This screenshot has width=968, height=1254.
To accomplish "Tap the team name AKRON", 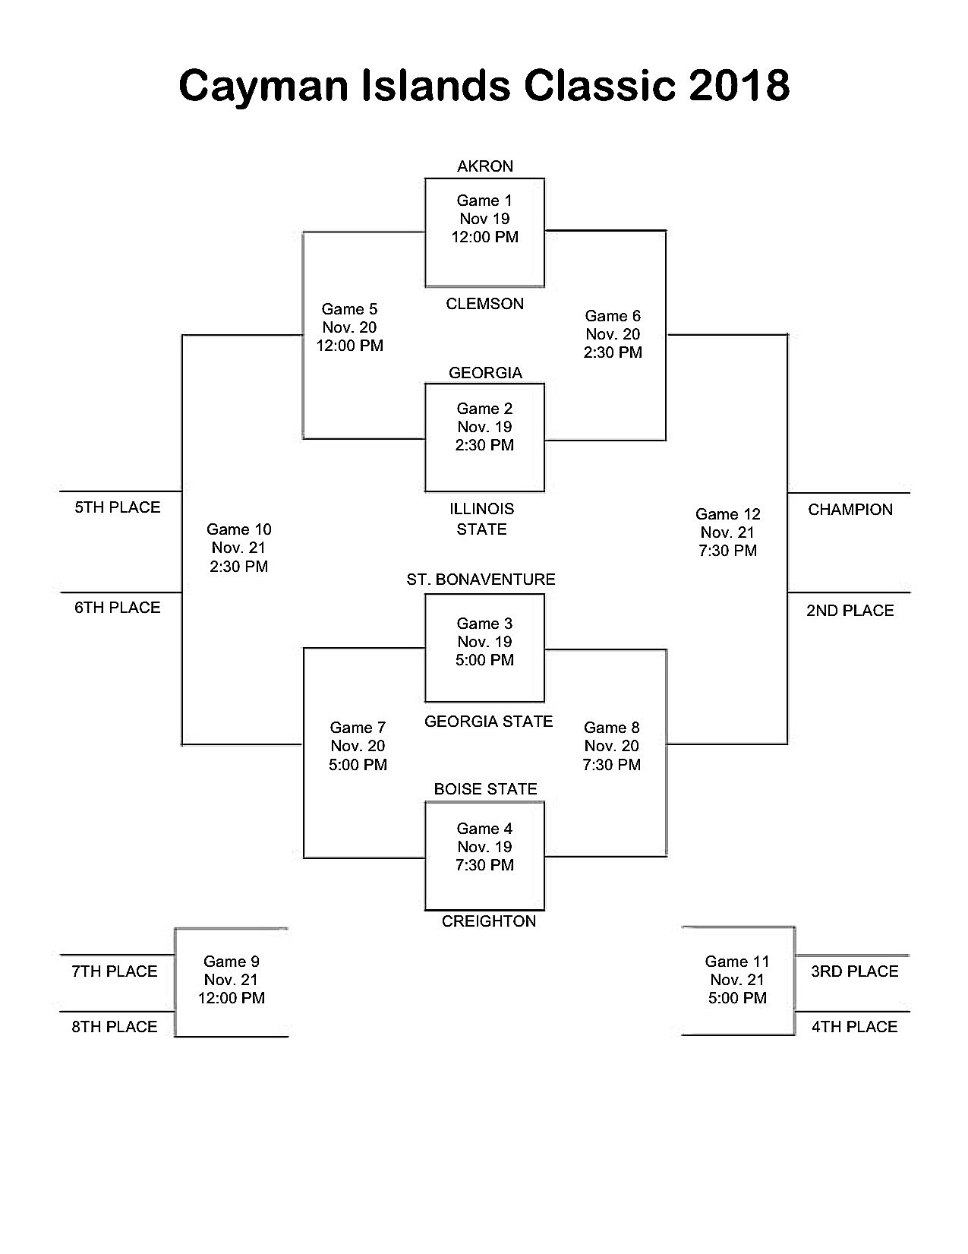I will [485, 166].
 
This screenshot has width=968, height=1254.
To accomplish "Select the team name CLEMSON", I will [485, 304].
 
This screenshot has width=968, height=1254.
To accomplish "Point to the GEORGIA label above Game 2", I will [485, 373].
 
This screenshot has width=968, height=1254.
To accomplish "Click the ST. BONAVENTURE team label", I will [481, 580].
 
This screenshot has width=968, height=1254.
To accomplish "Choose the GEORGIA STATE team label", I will [488, 722].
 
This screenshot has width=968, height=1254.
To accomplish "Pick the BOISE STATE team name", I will [485, 789].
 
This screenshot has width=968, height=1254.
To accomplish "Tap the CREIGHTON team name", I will [489, 921].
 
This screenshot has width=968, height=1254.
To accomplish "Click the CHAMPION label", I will [850, 510].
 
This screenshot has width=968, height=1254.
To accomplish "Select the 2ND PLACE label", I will [850, 611].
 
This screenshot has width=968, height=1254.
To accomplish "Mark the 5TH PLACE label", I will [118, 507].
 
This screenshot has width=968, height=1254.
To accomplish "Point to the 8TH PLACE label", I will [115, 1027].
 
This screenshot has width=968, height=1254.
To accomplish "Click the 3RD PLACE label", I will [855, 971].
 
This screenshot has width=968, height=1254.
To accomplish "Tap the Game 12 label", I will [727, 514].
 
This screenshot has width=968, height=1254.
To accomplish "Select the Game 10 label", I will [238, 529].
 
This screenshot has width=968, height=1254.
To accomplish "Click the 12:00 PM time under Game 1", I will [485, 237].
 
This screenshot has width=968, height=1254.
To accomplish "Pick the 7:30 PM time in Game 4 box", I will [485, 865].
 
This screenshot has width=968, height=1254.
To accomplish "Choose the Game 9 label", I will [232, 962].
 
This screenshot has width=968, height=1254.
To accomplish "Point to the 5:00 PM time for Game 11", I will [737, 998].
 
